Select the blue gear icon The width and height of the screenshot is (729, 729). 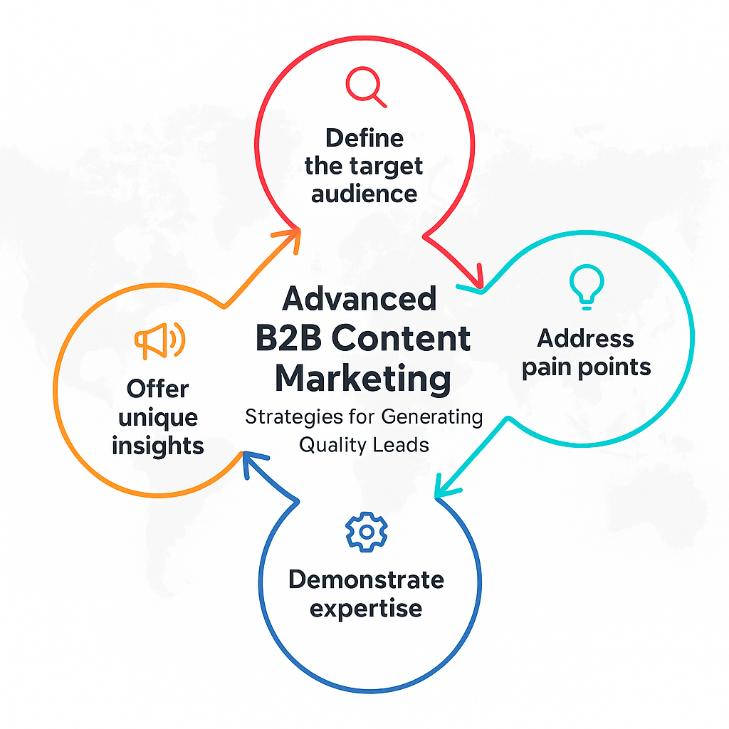[x=367, y=532]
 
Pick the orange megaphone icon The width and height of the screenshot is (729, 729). [x=160, y=340]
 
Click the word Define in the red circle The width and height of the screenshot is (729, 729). [x=364, y=138]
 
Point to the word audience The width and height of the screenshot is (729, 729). [x=364, y=194]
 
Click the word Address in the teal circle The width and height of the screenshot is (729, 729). [x=585, y=338]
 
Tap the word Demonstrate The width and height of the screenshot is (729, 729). [x=367, y=579]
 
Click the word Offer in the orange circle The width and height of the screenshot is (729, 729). [x=157, y=389]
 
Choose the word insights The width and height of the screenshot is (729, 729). [x=157, y=446]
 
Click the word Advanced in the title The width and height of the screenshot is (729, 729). [x=360, y=298]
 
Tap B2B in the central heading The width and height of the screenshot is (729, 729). [x=288, y=338]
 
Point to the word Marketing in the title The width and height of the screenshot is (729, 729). [x=363, y=379]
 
